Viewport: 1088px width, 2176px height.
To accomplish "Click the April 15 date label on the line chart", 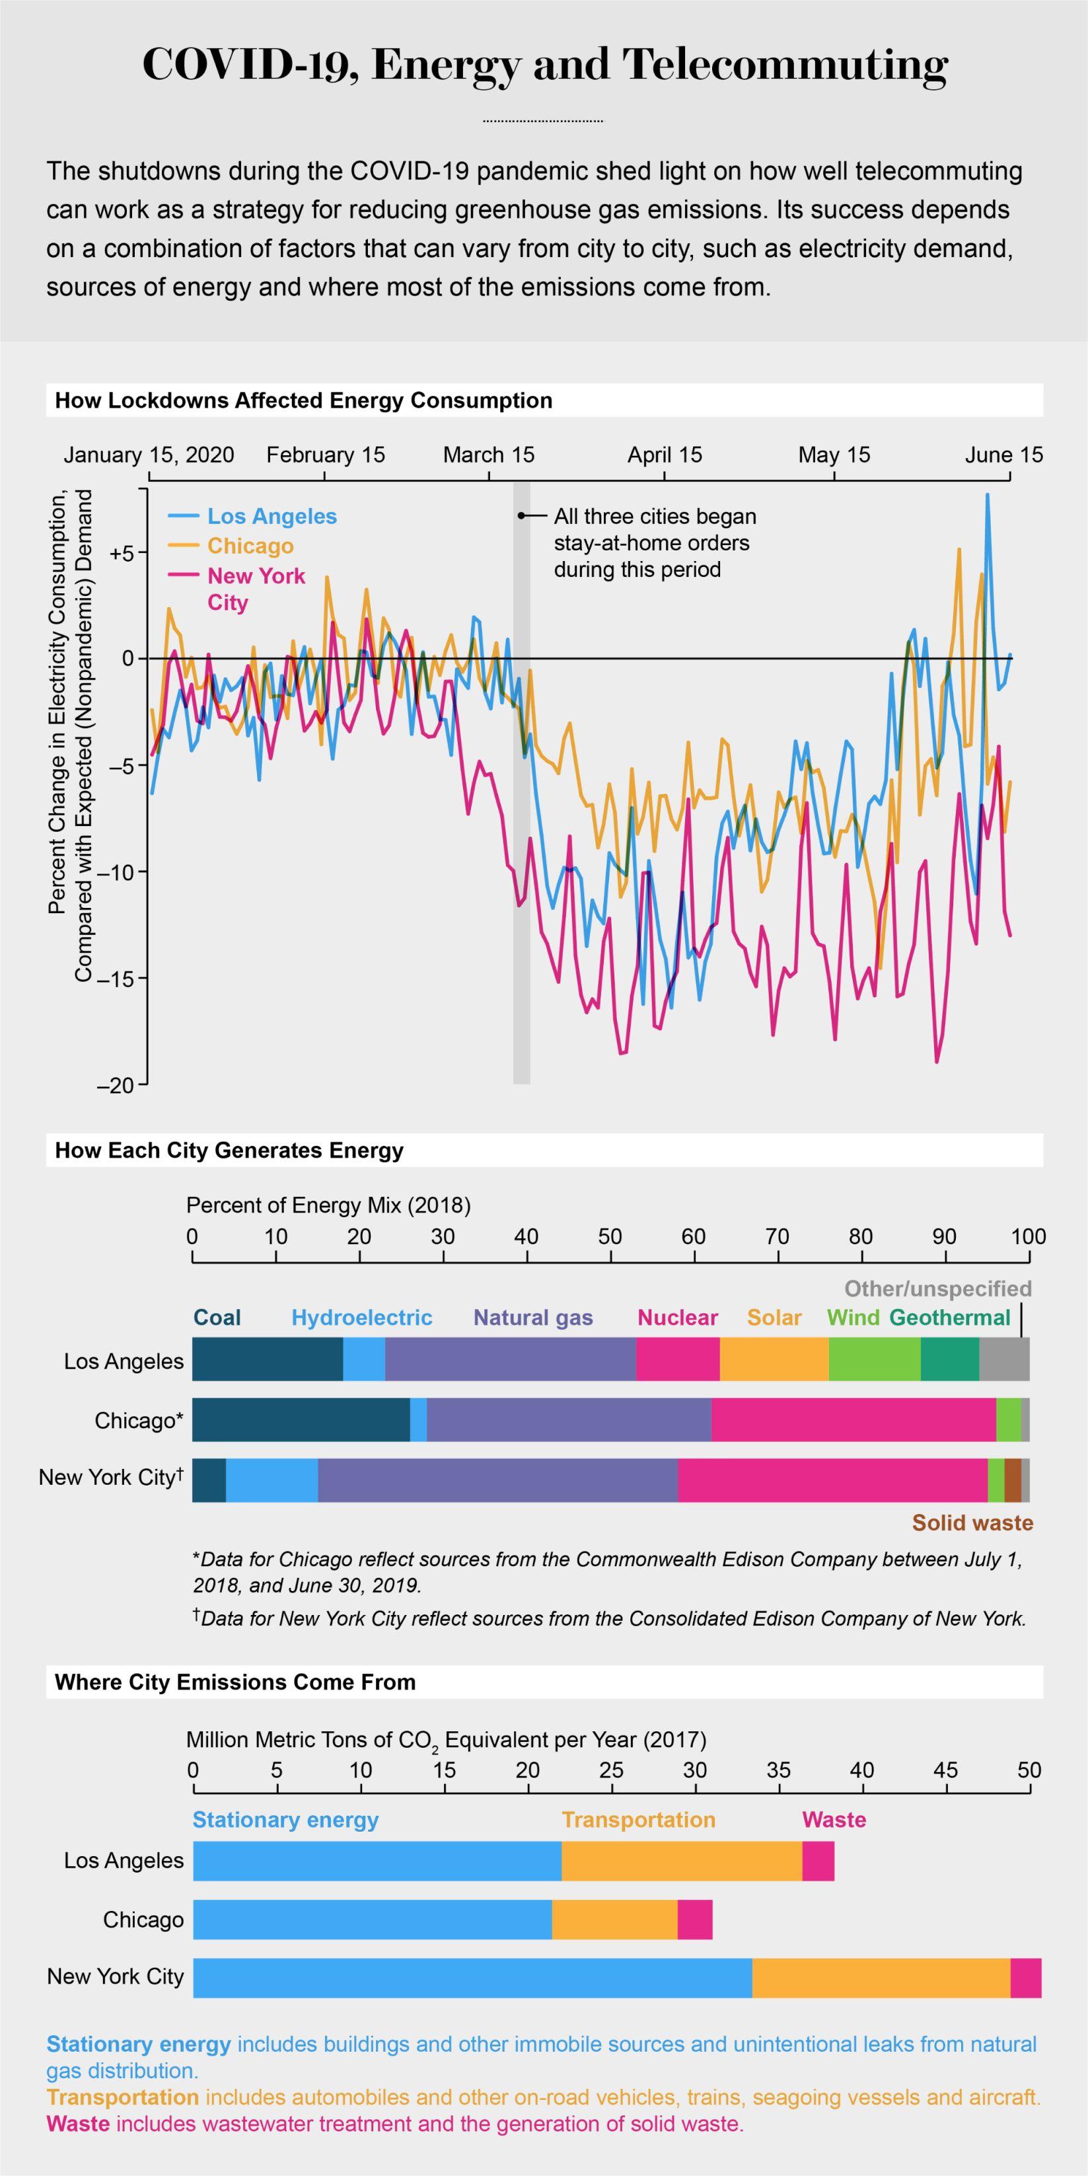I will pos(664,455).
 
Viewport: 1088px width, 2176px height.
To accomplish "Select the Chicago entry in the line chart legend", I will pos(250,546).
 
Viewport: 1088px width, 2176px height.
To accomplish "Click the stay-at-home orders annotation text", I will pos(655,543).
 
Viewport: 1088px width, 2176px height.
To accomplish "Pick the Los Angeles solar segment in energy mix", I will pos(774,1359).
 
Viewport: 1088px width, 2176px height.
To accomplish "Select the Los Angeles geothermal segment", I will pos(949,1359).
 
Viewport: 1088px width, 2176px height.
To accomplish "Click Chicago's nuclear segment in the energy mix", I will pos(853,1419).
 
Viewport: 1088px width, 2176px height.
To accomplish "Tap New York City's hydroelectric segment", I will pos(272,1480).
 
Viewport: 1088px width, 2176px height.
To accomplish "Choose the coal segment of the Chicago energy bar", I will pos(301,1419).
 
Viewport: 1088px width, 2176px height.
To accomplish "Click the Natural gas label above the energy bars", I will pos(533,1318).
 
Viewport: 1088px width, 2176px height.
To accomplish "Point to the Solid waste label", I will pos(972,1523).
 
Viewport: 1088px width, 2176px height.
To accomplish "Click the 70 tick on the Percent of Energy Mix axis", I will pos(777,1236).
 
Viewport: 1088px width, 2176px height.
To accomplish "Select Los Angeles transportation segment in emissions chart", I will pos(682,1861).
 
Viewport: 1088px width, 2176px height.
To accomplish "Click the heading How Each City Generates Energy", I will pos(229,1150).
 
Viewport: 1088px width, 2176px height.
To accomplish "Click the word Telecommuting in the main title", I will pos(785,65).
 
